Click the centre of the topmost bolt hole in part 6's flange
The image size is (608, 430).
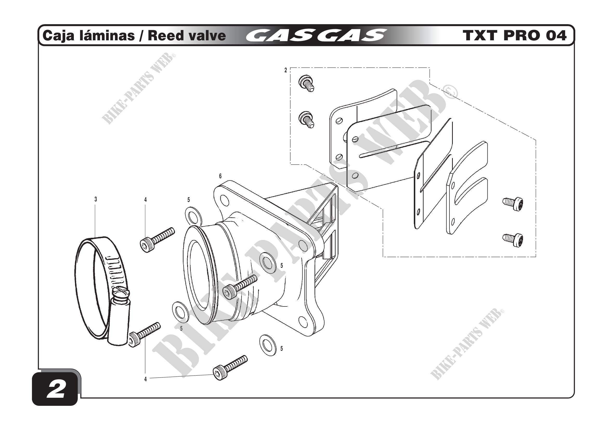tap(225, 201)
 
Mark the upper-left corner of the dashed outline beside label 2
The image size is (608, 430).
tap(291, 68)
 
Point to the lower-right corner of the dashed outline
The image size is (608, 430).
tap(536, 257)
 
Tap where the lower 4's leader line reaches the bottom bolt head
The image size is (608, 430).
tap(213, 374)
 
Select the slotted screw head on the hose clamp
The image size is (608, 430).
tap(121, 294)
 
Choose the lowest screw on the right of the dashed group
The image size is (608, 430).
tap(513, 240)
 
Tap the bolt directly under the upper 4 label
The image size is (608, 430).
tap(157, 240)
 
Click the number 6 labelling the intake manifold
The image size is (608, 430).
tap(220, 176)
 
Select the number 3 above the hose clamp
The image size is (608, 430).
tap(96, 199)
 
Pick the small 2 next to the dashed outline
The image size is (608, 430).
tap(286, 70)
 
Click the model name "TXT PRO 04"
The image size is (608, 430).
tap(515, 36)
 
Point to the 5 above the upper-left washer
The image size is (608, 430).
tap(188, 200)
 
